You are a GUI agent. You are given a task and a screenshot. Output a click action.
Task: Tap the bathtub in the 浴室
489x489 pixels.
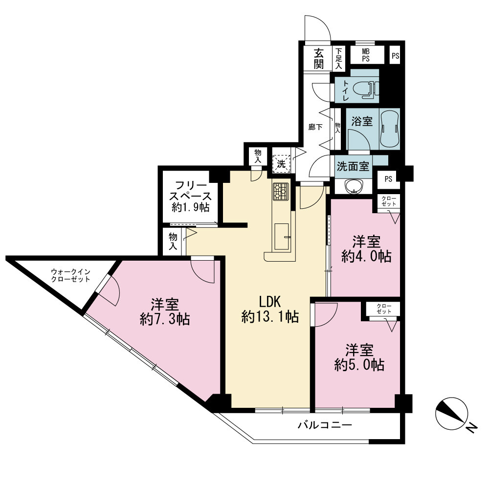click(x=390, y=129)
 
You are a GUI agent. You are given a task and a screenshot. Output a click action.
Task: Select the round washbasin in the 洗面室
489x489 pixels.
click(x=354, y=186)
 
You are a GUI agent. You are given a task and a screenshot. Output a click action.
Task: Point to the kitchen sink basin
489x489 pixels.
click(x=281, y=236)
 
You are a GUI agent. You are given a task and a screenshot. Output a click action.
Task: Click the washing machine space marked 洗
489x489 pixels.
click(x=281, y=164)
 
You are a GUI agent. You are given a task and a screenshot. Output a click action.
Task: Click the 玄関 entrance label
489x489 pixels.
click(x=318, y=58)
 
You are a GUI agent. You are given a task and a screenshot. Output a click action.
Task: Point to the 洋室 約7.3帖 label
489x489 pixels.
click(x=165, y=312)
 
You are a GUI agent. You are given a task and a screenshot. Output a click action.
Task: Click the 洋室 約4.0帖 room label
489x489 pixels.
click(x=366, y=249)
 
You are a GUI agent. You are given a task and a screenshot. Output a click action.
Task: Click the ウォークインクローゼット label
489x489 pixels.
click(x=70, y=275)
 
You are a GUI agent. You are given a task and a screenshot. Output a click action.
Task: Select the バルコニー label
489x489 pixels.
click(x=325, y=425)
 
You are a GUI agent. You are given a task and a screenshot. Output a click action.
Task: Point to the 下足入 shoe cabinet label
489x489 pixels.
click(x=339, y=58)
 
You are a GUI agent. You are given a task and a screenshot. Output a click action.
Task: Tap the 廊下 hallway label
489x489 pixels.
click(x=315, y=127)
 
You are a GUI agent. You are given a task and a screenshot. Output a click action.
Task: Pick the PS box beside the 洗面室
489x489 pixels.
click(x=388, y=179)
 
